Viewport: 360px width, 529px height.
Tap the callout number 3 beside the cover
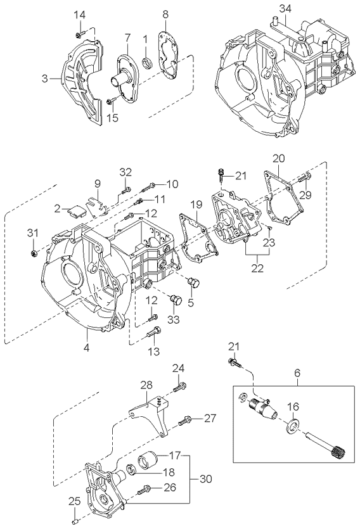pyautogui.click(x=45, y=79)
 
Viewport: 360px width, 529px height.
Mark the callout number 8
pyautogui.click(x=165, y=14)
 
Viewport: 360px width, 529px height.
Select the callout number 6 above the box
pyautogui.click(x=297, y=374)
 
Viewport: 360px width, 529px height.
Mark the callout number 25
pyautogui.click(x=73, y=500)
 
